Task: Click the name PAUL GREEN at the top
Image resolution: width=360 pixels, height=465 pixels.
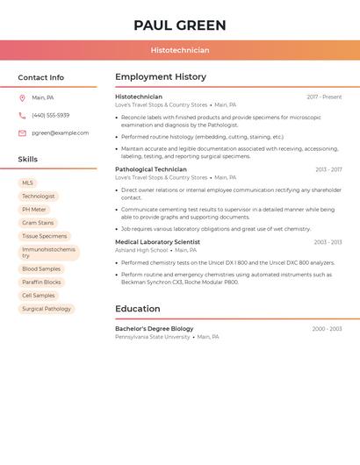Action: coord(180,25)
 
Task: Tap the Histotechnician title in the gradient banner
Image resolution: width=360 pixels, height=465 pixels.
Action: coord(180,50)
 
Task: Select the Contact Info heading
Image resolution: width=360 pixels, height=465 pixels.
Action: coord(41,77)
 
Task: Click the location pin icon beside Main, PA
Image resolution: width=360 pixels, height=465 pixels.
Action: coord(22,98)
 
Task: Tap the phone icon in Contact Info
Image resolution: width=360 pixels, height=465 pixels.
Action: coord(22,116)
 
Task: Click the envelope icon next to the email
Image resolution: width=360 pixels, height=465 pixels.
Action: coord(22,133)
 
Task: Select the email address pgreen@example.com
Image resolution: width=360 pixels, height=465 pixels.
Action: coord(60,133)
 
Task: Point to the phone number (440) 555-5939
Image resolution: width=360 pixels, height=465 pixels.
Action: coord(50,116)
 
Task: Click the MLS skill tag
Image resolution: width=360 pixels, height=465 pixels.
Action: coord(27,183)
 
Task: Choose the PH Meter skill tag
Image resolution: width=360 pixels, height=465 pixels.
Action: coord(34,210)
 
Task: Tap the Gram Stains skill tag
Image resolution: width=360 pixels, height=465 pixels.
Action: coord(38,223)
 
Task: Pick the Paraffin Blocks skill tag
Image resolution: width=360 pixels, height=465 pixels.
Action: coord(41,283)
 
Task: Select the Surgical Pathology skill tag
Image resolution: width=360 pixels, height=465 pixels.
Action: coord(47,309)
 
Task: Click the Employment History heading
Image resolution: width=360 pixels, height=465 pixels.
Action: coord(161,77)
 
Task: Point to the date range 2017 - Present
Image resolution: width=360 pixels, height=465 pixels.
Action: coord(324,97)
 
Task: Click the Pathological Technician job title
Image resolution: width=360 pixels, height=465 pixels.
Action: coord(151,169)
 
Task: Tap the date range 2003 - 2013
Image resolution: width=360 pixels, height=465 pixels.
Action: coord(328,242)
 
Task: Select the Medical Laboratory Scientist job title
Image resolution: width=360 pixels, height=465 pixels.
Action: coord(157,242)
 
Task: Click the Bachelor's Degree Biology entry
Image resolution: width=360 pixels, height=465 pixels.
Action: coord(155,329)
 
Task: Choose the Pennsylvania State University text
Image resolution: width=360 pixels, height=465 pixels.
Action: coord(153,337)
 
